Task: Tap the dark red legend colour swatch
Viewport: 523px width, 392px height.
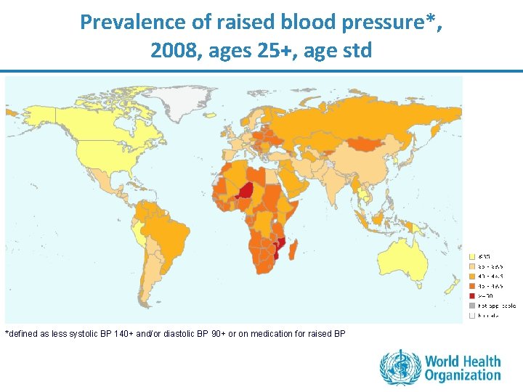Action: pyautogui.click(x=471, y=295)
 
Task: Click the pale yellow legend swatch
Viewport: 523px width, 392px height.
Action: pyautogui.click(x=471, y=256)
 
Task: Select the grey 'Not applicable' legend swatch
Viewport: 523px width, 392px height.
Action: pyautogui.click(x=471, y=306)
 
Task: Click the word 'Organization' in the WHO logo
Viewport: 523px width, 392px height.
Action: pyautogui.click(x=463, y=375)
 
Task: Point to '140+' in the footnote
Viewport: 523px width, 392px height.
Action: pyautogui.click(x=125, y=334)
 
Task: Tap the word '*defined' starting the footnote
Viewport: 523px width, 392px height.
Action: pyautogui.click(x=20, y=334)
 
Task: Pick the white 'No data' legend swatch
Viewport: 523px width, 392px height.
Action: pyautogui.click(x=471, y=316)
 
